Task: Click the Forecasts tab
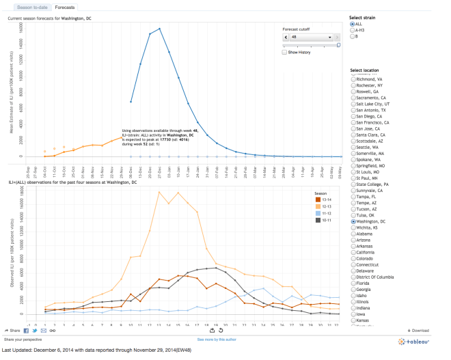[65, 7]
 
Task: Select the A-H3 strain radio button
[353, 30]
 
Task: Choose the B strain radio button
[353, 36]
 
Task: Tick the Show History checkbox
[284, 52]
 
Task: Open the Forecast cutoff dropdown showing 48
[311, 37]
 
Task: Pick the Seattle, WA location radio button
[353, 147]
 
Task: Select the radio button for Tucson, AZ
[353, 209]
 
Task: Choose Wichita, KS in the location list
[353, 228]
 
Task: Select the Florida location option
[353, 282]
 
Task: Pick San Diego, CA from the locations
[353, 115]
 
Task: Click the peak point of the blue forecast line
[159, 29]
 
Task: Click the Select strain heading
[362, 17]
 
